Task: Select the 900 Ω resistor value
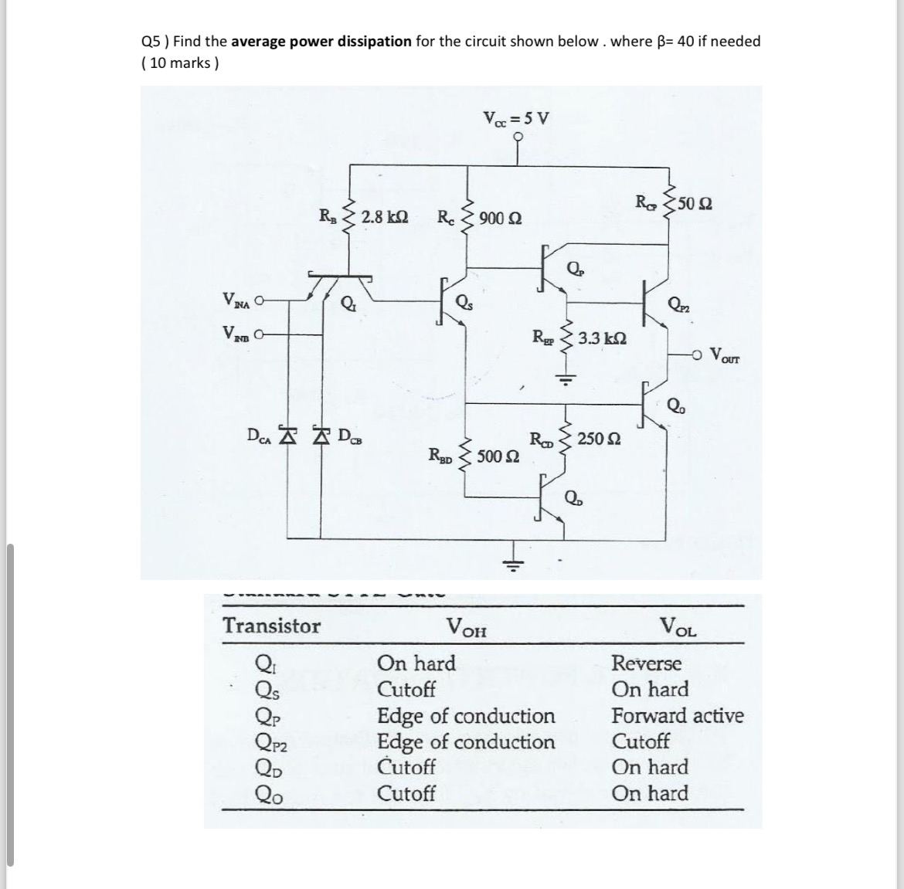(500, 218)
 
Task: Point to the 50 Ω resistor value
(695, 205)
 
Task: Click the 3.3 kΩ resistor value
(602, 338)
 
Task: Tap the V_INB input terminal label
(236, 334)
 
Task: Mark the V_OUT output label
(724, 356)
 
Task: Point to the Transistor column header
(271, 626)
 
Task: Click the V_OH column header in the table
(467, 627)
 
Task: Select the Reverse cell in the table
(647, 663)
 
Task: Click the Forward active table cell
(678, 715)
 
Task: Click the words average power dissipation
(321, 41)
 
